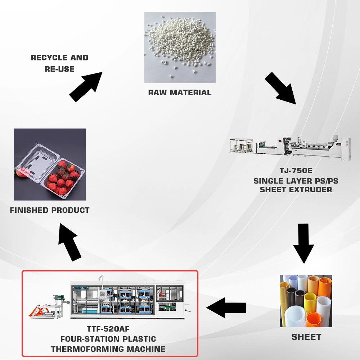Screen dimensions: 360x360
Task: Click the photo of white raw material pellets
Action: [x=180, y=47]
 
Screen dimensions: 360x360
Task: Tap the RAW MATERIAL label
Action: [x=180, y=93]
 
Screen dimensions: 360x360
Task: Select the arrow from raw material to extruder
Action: [x=280, y=88]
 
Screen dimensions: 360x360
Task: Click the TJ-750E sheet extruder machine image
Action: [x=290, y=148]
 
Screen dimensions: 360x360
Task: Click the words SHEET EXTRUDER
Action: [x=296, y=190]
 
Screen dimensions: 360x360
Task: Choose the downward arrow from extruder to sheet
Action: [x=303, y=243]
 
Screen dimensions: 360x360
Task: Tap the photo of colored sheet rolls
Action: [x=306, y=301]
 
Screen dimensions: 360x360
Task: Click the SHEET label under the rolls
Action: [x=306, y=337]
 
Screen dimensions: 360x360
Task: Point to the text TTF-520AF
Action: [x=108, y=329]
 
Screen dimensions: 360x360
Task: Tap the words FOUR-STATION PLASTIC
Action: [x=108, y=339]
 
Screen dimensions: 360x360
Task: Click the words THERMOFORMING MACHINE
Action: [x=108, y=349]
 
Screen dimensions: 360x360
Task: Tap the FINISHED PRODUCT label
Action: [x=50, y=210]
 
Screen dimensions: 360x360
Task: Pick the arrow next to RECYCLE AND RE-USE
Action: [x=86, y=86]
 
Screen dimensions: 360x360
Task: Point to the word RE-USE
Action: [x=59, y=69]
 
